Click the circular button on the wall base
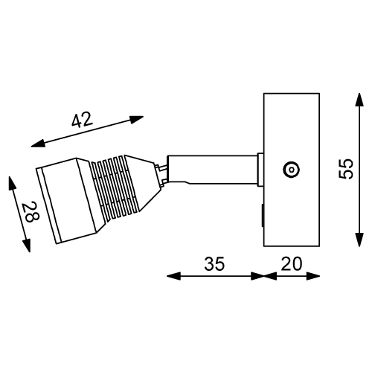click(289, 170)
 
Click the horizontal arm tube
click(212, 169)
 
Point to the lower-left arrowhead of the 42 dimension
click(36, 144)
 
